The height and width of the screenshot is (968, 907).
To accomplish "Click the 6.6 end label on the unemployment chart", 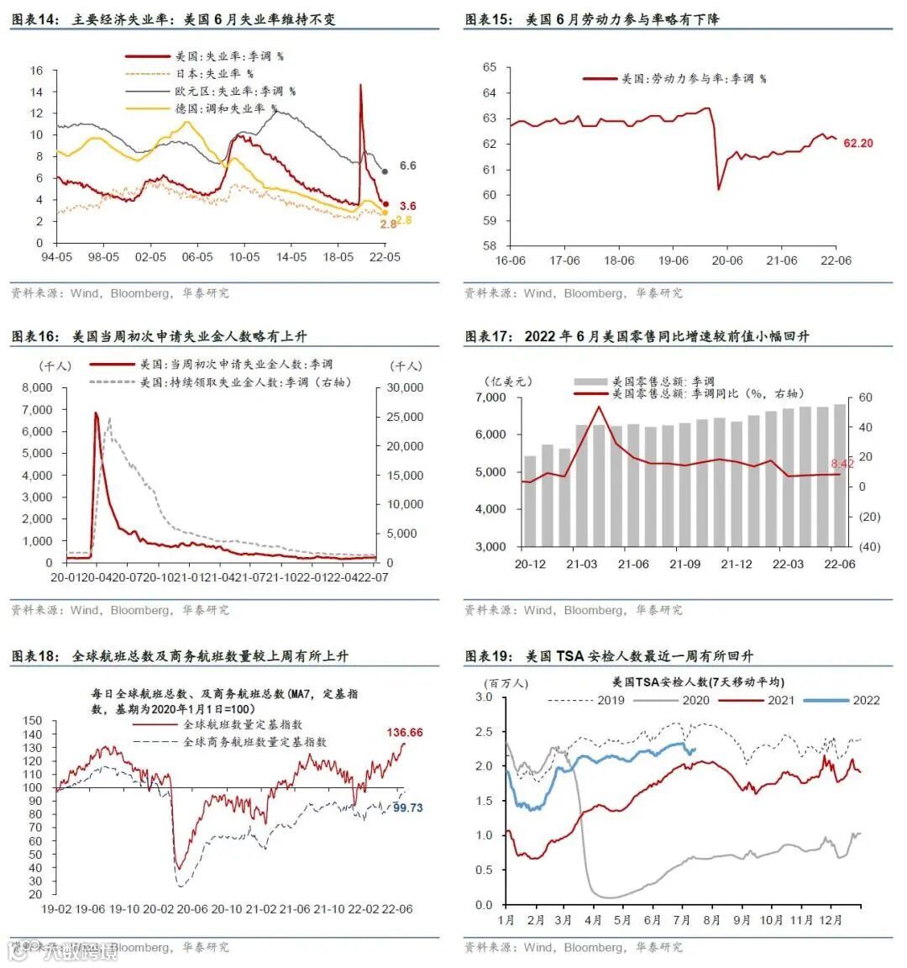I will click(x=407, y=166).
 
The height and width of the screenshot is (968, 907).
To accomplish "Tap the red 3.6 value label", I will click(x=407, y=206).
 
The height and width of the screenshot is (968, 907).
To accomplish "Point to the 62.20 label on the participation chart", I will click(x=857, y=143).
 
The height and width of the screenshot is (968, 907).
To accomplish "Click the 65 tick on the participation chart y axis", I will click(x=489, y=67).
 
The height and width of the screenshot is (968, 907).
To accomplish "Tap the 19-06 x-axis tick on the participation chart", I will click(x=673, y=260).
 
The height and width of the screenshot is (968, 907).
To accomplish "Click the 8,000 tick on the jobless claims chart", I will click(x=37, y=387).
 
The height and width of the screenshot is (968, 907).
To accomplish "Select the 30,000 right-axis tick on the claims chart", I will click(x=406, y=387).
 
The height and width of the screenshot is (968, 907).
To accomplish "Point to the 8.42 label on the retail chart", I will click(x=841, y=463).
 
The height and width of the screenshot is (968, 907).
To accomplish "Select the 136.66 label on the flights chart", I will click(x=404, y=733).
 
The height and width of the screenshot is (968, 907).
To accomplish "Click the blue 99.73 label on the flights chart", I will click(x=408, y=808).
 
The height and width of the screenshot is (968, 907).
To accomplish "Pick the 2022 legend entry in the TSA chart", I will click(x=866, y=700).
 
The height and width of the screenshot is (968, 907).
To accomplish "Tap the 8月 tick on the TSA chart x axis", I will click(x=711, y=920).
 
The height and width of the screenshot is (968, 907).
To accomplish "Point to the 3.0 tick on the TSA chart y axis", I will click(x=484, y=697).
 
